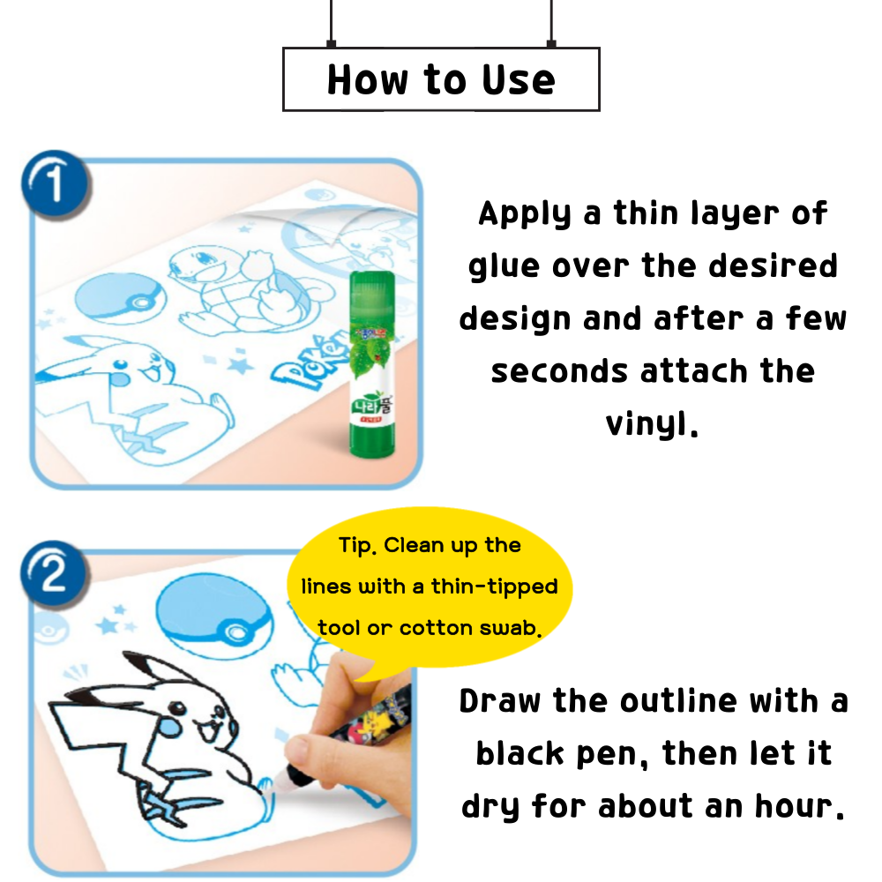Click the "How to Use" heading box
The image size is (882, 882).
click(441, 79)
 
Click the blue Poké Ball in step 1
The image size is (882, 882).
click(113, 303)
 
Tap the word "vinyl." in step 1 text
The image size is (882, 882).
click(652, 424)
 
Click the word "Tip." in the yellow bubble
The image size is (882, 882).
click(357, 545)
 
